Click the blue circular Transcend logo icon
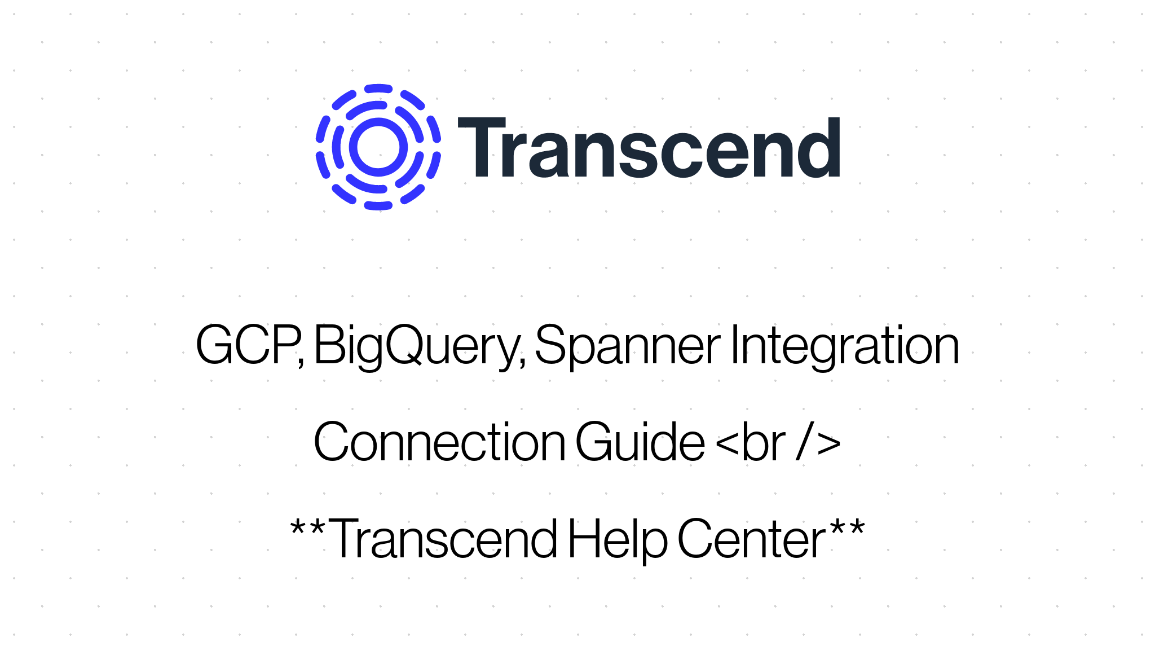point(378,147)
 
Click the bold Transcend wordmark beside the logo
point(649,148)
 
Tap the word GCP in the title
point(247,345)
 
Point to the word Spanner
point(627,345)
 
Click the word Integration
point(844,345)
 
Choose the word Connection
point(439,442)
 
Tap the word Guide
point(640,442)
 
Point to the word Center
point(751,539)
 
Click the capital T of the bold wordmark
point(481,148)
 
